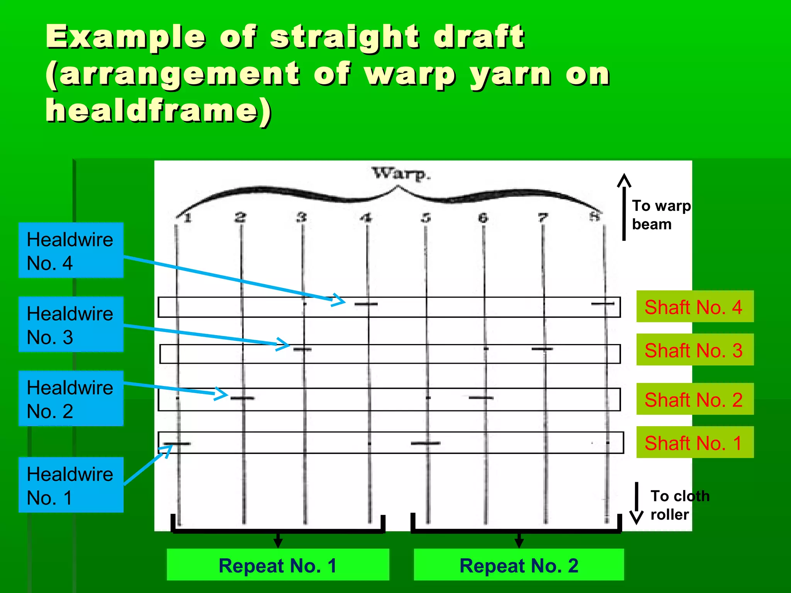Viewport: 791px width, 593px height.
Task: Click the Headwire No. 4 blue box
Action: [x=71, y=250]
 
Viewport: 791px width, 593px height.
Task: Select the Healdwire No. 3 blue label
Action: [x=71, y=324]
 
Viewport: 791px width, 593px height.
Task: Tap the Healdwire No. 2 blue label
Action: [x=71, y=398]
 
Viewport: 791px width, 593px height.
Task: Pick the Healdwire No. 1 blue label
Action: [x=71, y=485]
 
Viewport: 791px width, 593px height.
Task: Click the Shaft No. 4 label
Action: [x=695, y=307]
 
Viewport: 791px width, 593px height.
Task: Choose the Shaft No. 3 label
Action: [x=695, y=350]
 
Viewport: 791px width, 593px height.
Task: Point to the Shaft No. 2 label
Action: [x=695, y=399]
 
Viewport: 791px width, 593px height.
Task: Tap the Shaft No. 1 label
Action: [x=695, y=442]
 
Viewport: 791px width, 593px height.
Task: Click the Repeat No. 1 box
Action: [x=278, y=565]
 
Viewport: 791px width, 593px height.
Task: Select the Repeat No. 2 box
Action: [x=519, y=565]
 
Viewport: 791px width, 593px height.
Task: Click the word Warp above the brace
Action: [x=401, y=174]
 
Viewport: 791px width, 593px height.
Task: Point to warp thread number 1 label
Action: [x=188, y=218]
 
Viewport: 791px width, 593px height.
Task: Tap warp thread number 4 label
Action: [x=366, y=218]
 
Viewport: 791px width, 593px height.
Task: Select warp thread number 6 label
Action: [x=483, y=218]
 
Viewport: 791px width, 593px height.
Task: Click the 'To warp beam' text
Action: [x=661, y=215]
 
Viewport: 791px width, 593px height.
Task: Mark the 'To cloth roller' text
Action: [x=679, y=505]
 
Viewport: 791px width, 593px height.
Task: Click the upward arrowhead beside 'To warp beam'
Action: [x=624, y=180]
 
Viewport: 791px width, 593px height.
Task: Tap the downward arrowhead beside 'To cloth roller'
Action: [x=637, y=517]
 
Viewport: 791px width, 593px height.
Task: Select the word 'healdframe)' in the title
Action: [x=158, y=111]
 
